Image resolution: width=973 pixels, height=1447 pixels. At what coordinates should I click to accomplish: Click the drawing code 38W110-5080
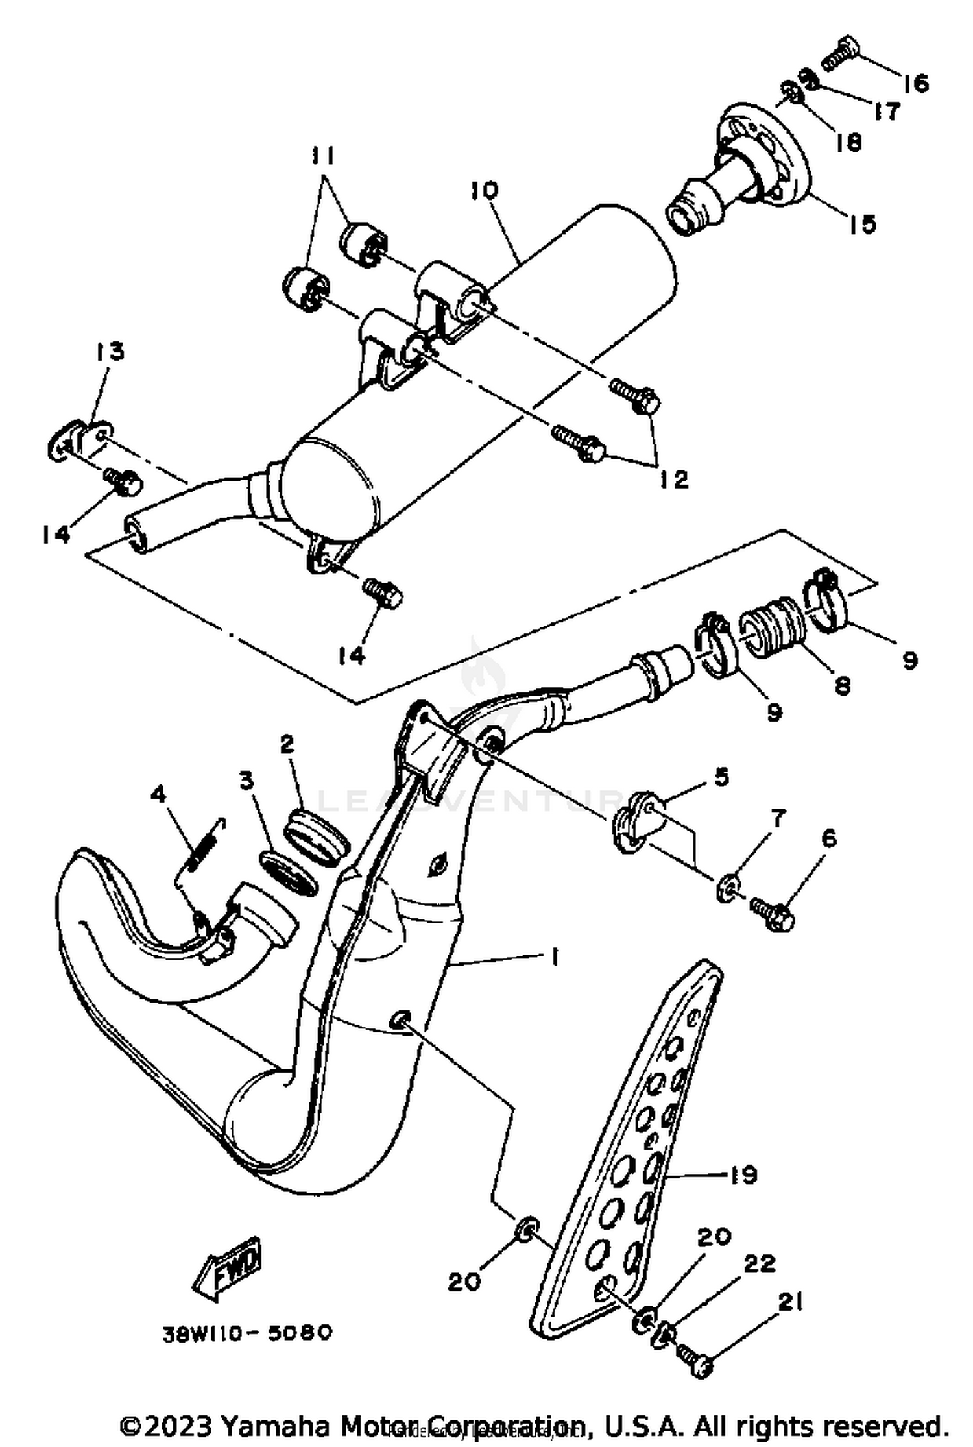point(247,1333)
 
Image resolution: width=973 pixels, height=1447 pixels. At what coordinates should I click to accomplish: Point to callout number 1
point(555,958)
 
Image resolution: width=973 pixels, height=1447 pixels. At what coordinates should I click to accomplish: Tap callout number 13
point(110,352)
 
